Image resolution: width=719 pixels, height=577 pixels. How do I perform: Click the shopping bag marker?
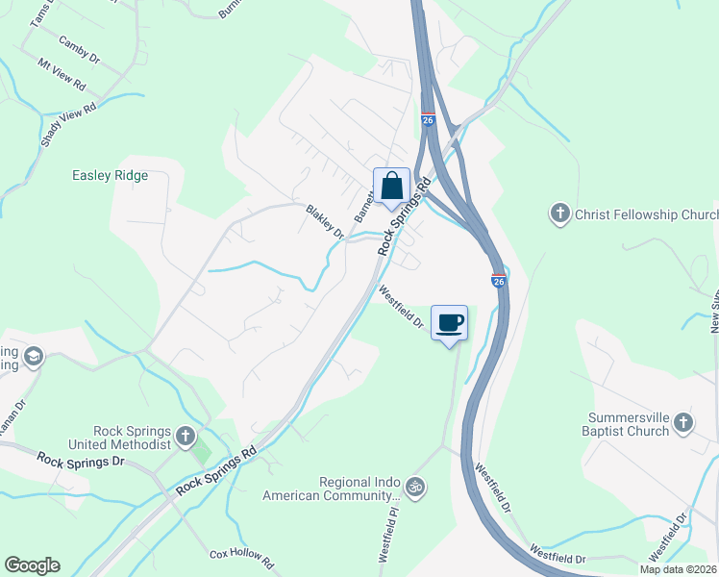coord(392,187)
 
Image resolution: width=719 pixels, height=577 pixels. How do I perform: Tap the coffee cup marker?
coord(450,322)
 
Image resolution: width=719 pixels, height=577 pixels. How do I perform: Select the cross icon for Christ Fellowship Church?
coord(560,213)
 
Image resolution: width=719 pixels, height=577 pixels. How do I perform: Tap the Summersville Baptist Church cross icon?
coord(682,423)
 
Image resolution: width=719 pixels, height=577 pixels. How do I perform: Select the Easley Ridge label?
coord(111,175)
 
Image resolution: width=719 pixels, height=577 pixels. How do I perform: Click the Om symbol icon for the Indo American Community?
coord(415,488)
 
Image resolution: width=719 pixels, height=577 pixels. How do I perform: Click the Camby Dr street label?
coord(80,49)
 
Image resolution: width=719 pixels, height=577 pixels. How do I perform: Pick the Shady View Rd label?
coord(70,125)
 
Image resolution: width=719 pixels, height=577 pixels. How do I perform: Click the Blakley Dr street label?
coord(325,221)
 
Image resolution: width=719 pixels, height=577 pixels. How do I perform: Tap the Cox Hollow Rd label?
coord(242,560)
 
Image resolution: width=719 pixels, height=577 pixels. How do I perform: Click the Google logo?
coord(32,565)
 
